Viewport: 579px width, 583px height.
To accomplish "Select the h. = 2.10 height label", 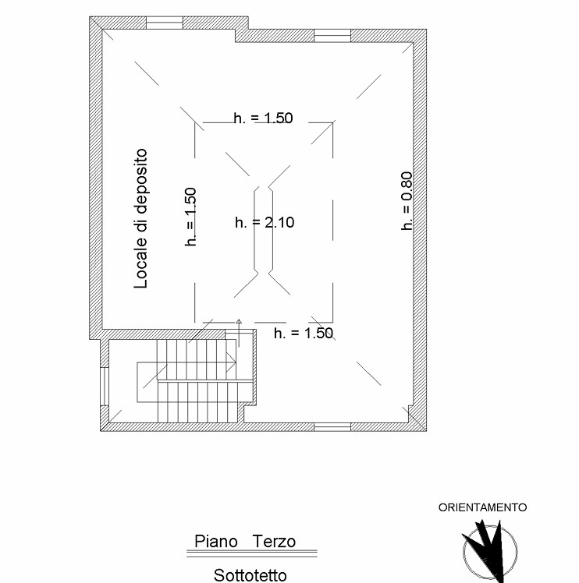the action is tap(265, 222).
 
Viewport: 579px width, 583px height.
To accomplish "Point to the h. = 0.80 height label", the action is tap(407, 201).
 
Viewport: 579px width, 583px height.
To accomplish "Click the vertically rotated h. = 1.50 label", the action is tap(190, 217).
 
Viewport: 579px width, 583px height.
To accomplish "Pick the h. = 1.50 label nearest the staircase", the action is tap(304, 333).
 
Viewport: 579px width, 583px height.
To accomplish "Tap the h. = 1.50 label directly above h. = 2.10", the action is tap(263, 118).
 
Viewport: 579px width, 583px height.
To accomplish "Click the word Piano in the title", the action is tap(216, 542).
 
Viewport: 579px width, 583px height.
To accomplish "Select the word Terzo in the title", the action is tap(274, 542).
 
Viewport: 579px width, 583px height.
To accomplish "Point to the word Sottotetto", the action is tap(250, 575).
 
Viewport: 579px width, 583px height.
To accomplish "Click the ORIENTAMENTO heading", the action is tap(482, 507).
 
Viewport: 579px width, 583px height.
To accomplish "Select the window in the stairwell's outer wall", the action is tap(105, 387).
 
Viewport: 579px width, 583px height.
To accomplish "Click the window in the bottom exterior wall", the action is tap(332, 427).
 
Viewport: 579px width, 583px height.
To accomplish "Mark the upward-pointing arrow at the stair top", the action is tap(239, 333).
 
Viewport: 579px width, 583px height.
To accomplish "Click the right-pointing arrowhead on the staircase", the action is tap(232, 362).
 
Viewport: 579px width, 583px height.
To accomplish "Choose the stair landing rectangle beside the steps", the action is tap(147, 382).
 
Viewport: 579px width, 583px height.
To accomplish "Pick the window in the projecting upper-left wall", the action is tap(164, 23).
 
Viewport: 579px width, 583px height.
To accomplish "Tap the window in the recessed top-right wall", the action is tap(332, 36).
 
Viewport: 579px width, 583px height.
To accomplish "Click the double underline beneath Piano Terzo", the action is tap(252, 553).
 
